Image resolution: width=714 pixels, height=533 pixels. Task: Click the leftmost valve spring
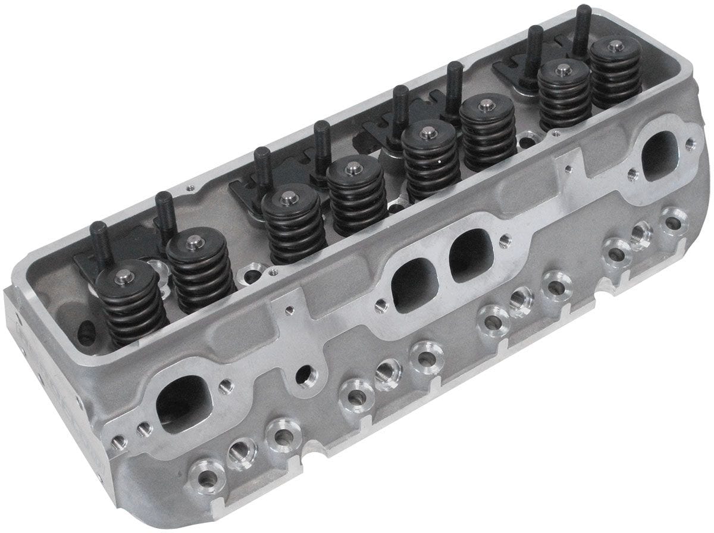[126, 304]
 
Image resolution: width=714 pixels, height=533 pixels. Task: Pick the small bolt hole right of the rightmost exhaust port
[690, 143]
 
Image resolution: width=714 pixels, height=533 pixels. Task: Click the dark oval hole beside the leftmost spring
[86, 331]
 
